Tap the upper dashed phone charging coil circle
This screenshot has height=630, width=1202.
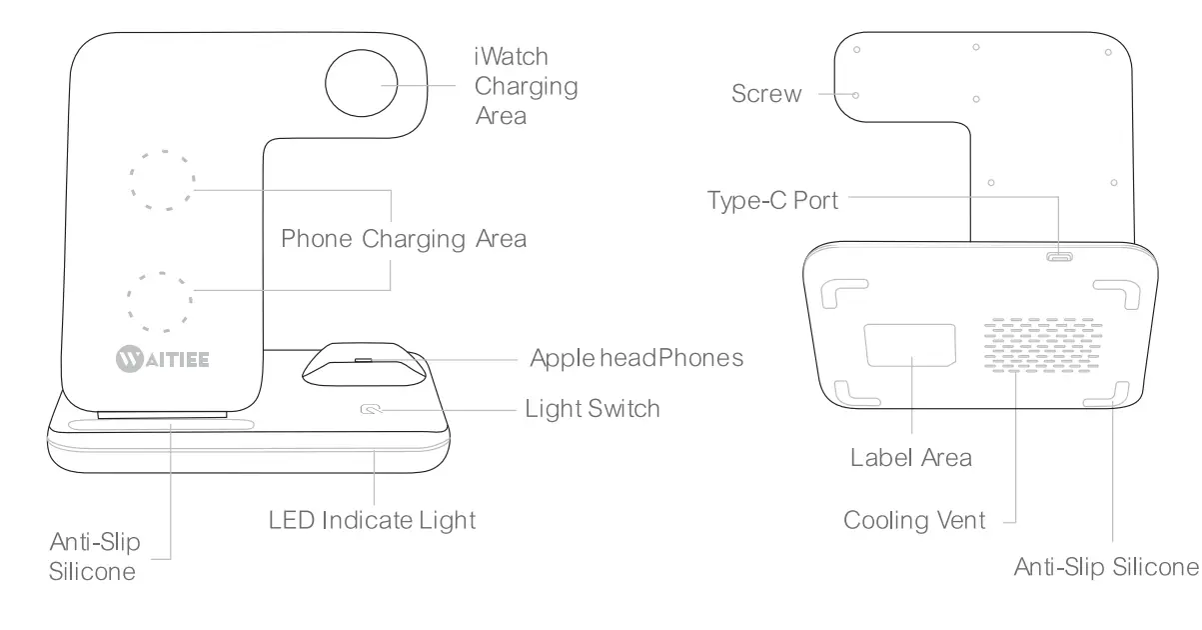point(161,181)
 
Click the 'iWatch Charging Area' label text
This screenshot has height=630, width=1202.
point(526,86)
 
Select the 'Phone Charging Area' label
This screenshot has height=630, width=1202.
point(404,240)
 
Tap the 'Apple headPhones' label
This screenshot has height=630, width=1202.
point(636,357)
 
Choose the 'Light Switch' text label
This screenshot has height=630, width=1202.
point(593,409)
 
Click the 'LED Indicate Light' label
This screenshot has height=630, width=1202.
point(373,520)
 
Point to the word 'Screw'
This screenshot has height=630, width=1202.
point(766,95)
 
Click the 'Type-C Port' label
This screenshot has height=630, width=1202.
point(773,200)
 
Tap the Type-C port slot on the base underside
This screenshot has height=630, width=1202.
point(1059,257)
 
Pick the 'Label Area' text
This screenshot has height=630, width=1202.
point(911,458)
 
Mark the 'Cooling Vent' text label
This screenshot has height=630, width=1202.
point(914,521)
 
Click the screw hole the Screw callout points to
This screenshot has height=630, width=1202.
point(857,95)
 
